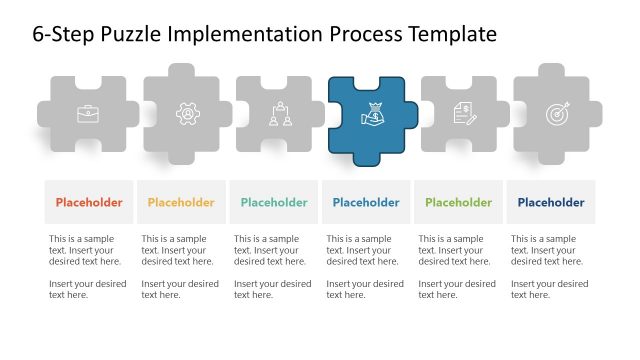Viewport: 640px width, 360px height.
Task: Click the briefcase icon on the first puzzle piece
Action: (x=88, y=115)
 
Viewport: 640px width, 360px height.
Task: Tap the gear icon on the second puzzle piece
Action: (x=187, y=115)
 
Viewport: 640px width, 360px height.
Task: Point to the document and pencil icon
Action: (x=464, y=115)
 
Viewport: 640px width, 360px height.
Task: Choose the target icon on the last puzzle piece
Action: (x=557, y=115)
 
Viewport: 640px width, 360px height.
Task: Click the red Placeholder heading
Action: (x=89, y=203)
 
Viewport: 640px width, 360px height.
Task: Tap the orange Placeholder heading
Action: (x=181, y=203)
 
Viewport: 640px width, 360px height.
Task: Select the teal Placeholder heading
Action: (x=274, y=203)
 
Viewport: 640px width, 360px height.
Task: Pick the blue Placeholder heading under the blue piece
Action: (x=366, y=203)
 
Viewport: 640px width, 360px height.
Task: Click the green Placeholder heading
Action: (x=458, y=203)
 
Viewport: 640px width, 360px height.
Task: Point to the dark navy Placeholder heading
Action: (x=551, y=203)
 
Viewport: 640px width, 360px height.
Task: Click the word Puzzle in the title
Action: (x=135, y=35)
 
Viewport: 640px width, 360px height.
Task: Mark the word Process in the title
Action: (x=365, y=35)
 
